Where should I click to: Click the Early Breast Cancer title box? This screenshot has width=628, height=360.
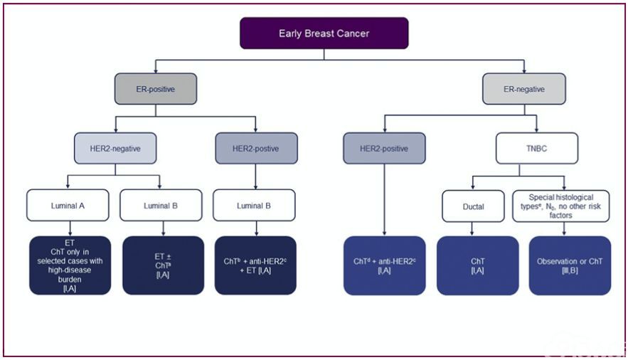tap(324, 33)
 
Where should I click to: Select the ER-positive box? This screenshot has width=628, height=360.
tap(155, 89)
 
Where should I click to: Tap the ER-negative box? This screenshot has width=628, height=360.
tap(524, 89)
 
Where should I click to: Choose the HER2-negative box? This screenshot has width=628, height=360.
tap(115, 149)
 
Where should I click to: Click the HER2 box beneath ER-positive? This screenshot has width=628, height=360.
tap(256, 149)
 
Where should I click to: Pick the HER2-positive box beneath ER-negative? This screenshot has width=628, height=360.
tap(384, 149)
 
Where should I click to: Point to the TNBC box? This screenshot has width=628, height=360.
tap(537, 149)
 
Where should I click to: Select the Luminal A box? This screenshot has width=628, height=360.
tap(68, 206)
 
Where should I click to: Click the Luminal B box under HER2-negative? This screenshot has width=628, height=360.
tap(161, 206)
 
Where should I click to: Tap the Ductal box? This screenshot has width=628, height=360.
tap(473, 206)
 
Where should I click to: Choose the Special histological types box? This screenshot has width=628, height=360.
tap(560, 206)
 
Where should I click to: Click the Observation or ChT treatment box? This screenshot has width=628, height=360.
tap(570, 265)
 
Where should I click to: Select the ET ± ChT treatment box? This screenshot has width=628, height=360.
tap(163, 265)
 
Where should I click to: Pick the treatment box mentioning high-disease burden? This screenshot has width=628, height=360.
tap(70, 265)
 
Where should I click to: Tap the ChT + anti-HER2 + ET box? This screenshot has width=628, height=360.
tap(255, 265)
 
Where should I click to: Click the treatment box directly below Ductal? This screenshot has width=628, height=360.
tap(477, 265)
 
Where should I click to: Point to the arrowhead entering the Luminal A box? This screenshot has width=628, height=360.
tap(68, 186)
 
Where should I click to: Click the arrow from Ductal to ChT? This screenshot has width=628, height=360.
tap(472, 229)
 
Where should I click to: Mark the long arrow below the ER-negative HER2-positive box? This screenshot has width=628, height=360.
tap(385, 200)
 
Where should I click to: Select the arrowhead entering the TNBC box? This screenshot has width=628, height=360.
tap(537, 129)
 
